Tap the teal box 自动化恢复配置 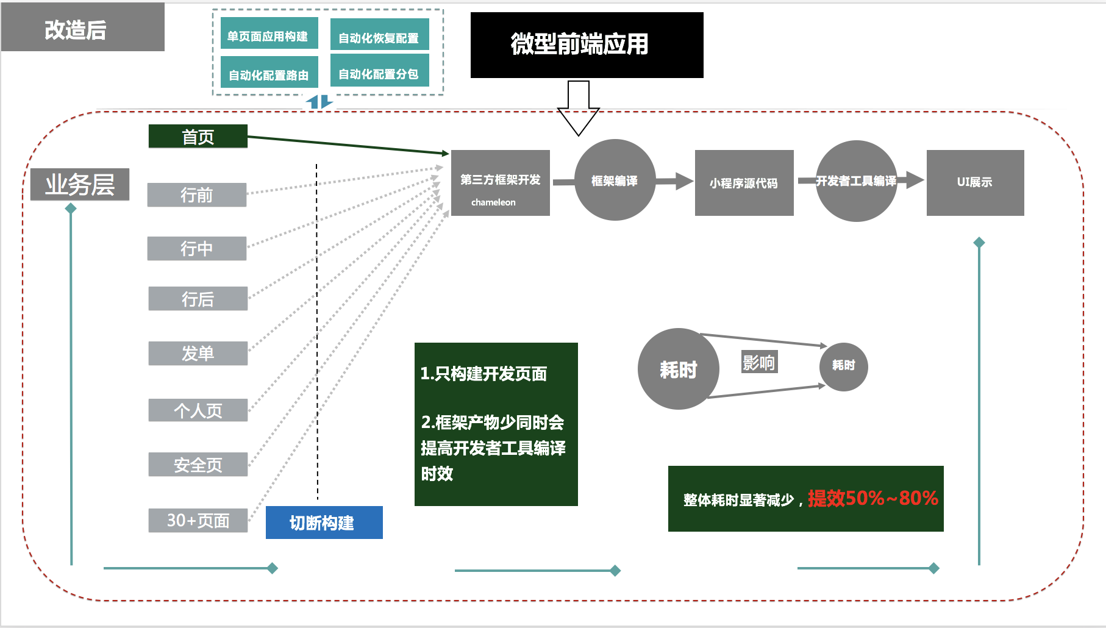379,37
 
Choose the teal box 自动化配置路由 269,74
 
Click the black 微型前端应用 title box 587,45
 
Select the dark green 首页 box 198,137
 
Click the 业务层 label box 80,184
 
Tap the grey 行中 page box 197,248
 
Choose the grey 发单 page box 198,353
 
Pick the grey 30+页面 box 198,520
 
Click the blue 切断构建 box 324,523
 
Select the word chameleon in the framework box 493,202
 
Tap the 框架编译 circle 615,180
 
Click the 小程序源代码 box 744,183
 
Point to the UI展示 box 975,182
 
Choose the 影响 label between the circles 759,362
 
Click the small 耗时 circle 843,365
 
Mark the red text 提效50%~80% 872,498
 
